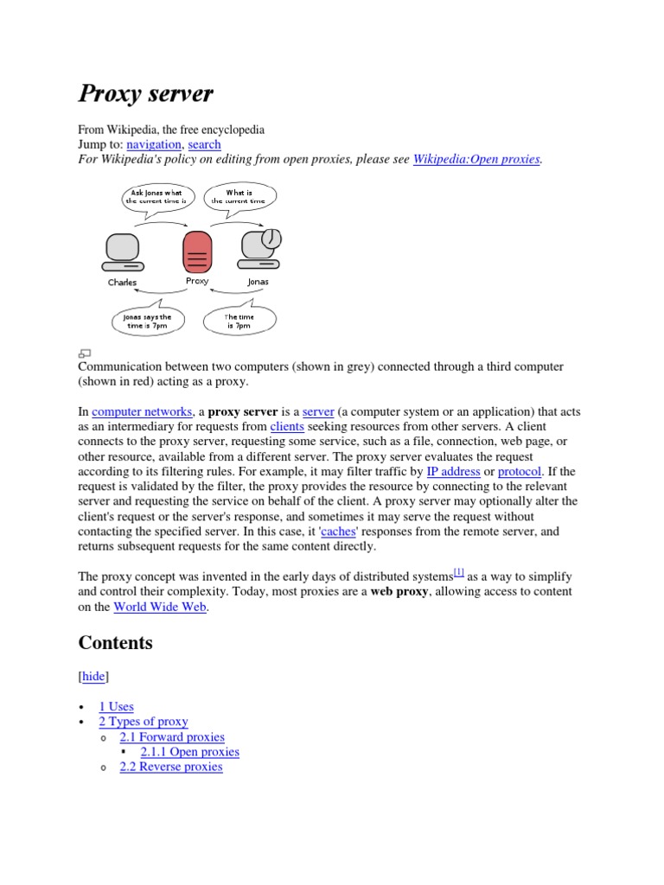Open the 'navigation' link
click(154, 144)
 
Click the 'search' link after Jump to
click(204, 144)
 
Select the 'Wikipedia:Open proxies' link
click(476, 159)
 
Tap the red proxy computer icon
click(197, 251)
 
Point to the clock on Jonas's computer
click(271, 237)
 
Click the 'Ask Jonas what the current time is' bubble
click(157, 196)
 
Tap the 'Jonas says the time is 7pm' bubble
click(148, 322)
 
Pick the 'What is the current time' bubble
click(239, 196)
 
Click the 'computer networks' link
click(142, 412)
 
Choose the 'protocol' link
click(520, 472)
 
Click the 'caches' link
click(338, 532)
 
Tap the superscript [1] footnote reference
click(459, 572)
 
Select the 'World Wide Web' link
click(161, 607)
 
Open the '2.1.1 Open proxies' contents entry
click(189, 752)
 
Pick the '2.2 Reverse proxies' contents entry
click(171, 767)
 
